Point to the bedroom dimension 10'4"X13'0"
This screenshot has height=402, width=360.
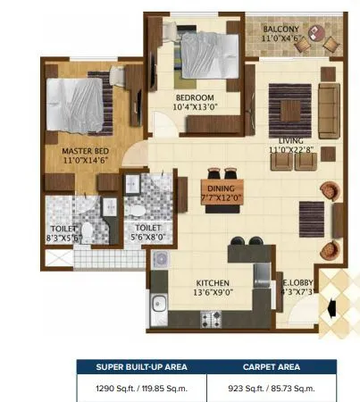coord(194,106)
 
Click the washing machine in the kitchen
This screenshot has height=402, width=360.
coord(160,260)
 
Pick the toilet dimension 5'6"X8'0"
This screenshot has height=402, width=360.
coord(141,238)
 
